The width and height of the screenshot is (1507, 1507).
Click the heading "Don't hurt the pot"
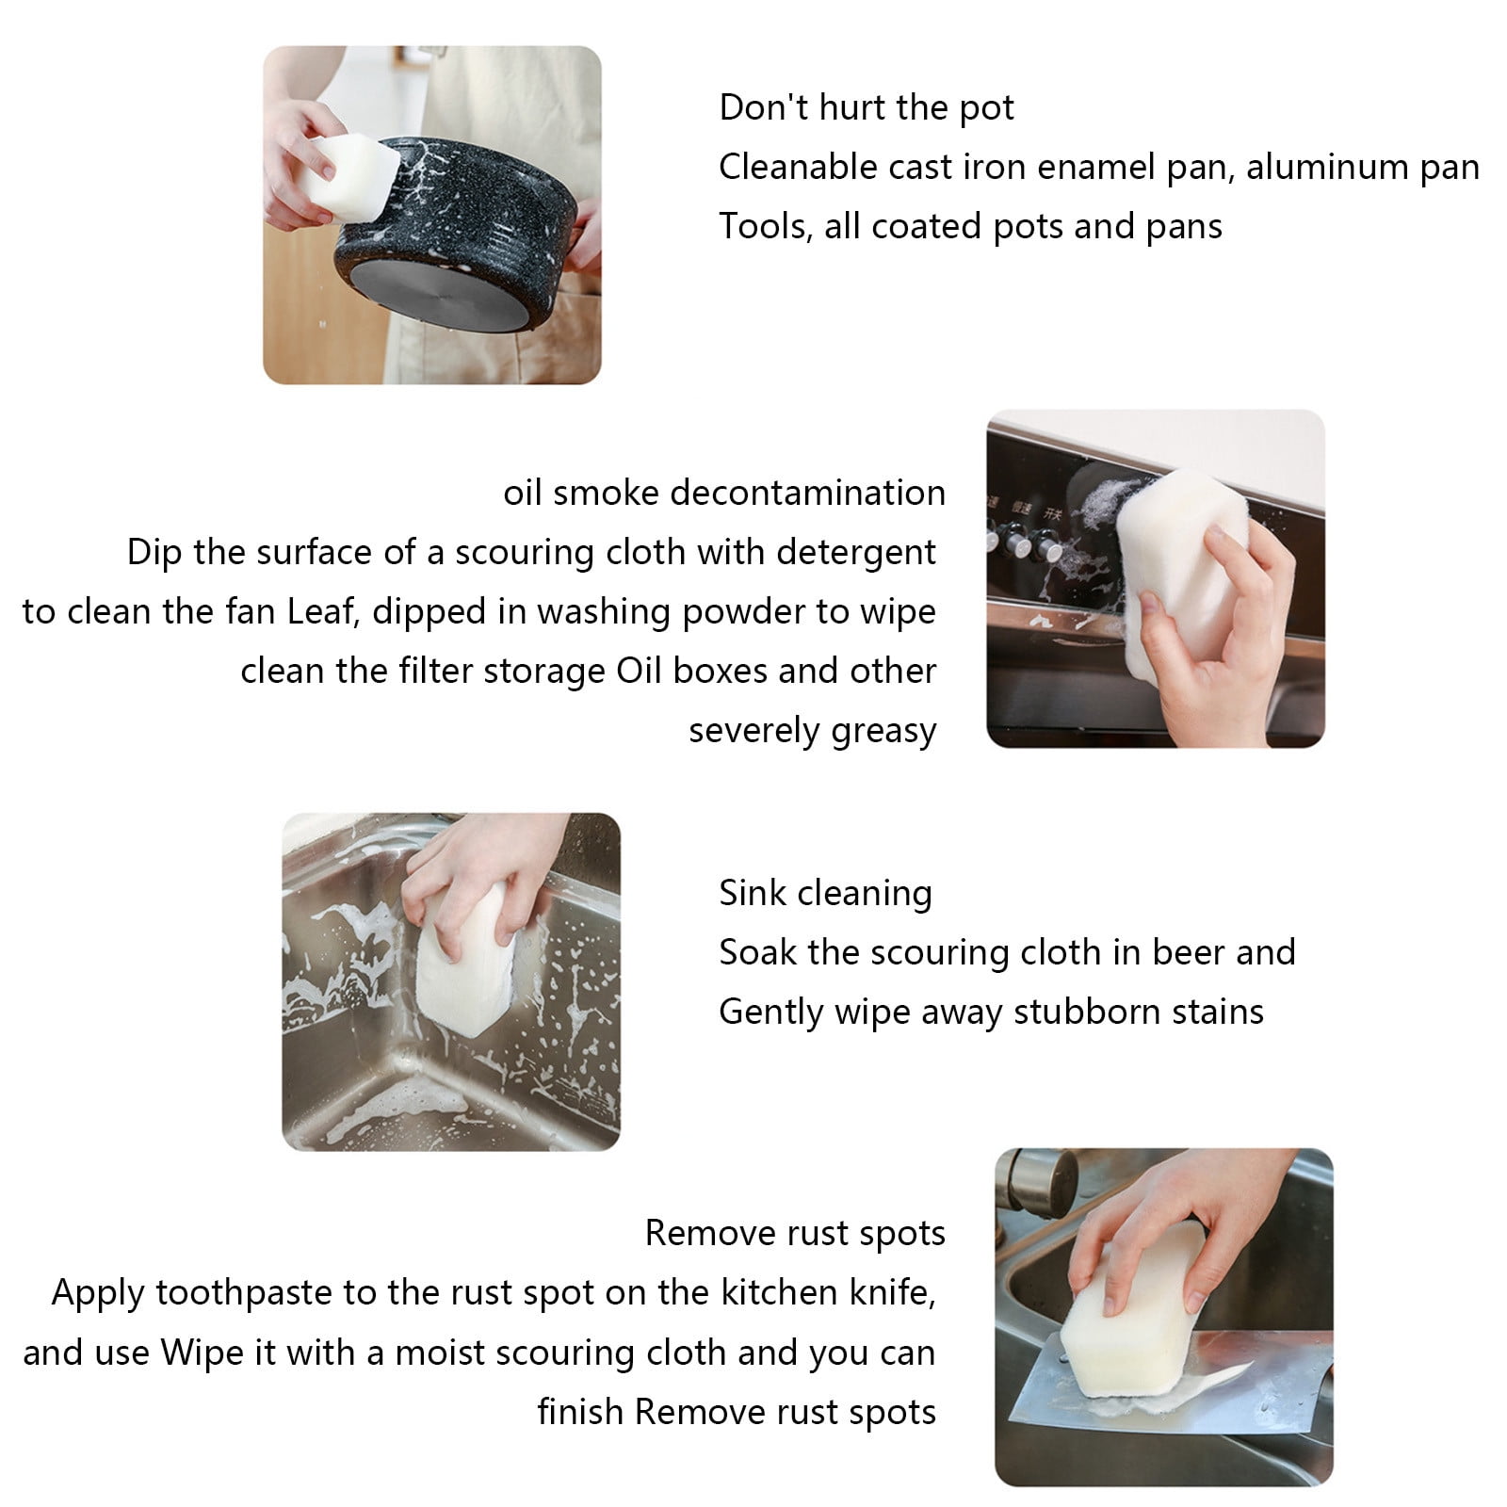(x=867, y=107)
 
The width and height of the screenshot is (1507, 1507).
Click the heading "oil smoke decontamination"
(x=724, y=493)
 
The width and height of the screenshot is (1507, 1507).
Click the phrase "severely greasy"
(x=813, y=732)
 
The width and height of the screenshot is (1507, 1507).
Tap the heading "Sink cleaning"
(x=826, y=893)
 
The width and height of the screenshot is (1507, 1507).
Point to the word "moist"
(x=443, y=1353)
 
